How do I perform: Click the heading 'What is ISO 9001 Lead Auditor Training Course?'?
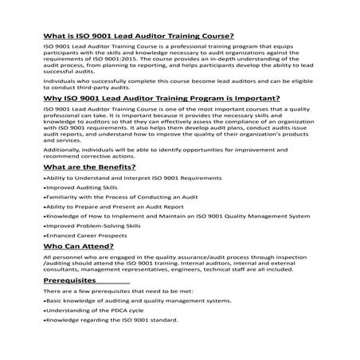coord(127,36)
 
